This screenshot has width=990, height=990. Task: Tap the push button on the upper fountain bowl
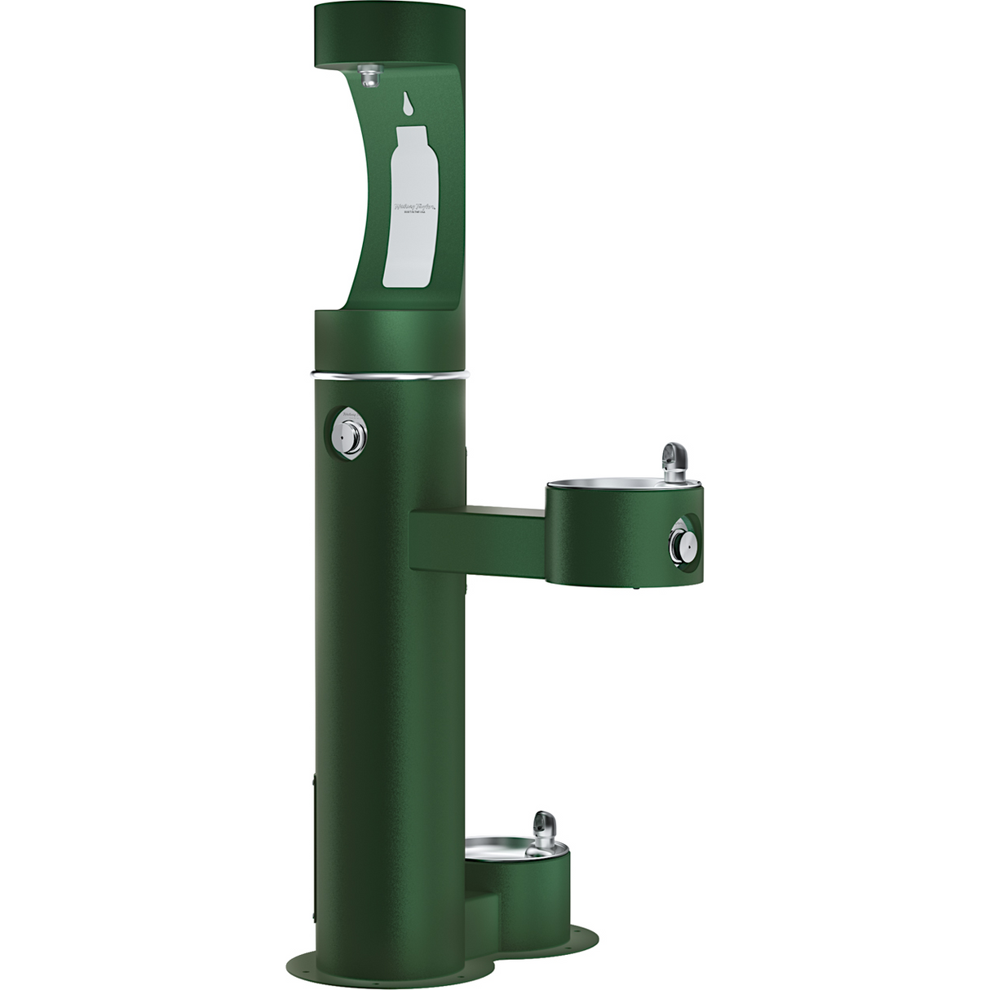[x=681, y=541]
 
